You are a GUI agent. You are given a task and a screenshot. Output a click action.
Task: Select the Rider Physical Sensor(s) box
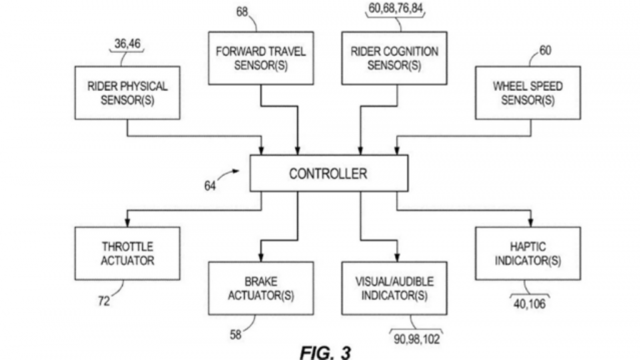(x=127, y=93)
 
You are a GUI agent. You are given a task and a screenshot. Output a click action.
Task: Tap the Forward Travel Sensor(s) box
(x=261, y=58)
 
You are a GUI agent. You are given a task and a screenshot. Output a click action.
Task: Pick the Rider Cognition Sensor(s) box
(x=394, y=58)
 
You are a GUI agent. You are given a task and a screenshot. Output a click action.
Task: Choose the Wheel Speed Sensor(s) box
(x=528, y=93)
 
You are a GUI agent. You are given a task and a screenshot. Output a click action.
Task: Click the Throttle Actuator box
(x=127, y=254)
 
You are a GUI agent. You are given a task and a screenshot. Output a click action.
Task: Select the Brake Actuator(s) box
(x=261, y=288)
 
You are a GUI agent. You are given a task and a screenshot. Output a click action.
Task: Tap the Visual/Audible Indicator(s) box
(x=394, y=288)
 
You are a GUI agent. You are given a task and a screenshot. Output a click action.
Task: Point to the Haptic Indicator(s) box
(x=528, y=254)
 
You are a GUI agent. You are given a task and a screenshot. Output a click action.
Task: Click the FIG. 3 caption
(x=325, y=352)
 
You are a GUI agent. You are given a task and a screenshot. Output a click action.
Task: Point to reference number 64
(x=210, y=186)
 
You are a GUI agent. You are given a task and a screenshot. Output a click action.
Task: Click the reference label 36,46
(x=127, y=44)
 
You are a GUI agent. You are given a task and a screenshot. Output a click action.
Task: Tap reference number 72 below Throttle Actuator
(x=104, y=301)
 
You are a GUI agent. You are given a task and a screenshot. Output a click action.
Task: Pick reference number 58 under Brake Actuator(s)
(x=236, y=334)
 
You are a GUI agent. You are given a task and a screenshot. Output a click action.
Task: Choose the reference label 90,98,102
(x=416, y=339)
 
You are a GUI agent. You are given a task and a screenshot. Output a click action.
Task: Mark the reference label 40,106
(x=529, y=304)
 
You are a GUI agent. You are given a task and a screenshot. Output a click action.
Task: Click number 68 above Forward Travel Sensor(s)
(x=242, y=12)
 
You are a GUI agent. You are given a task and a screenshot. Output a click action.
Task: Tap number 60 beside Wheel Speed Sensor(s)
(x=545, y=50)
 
